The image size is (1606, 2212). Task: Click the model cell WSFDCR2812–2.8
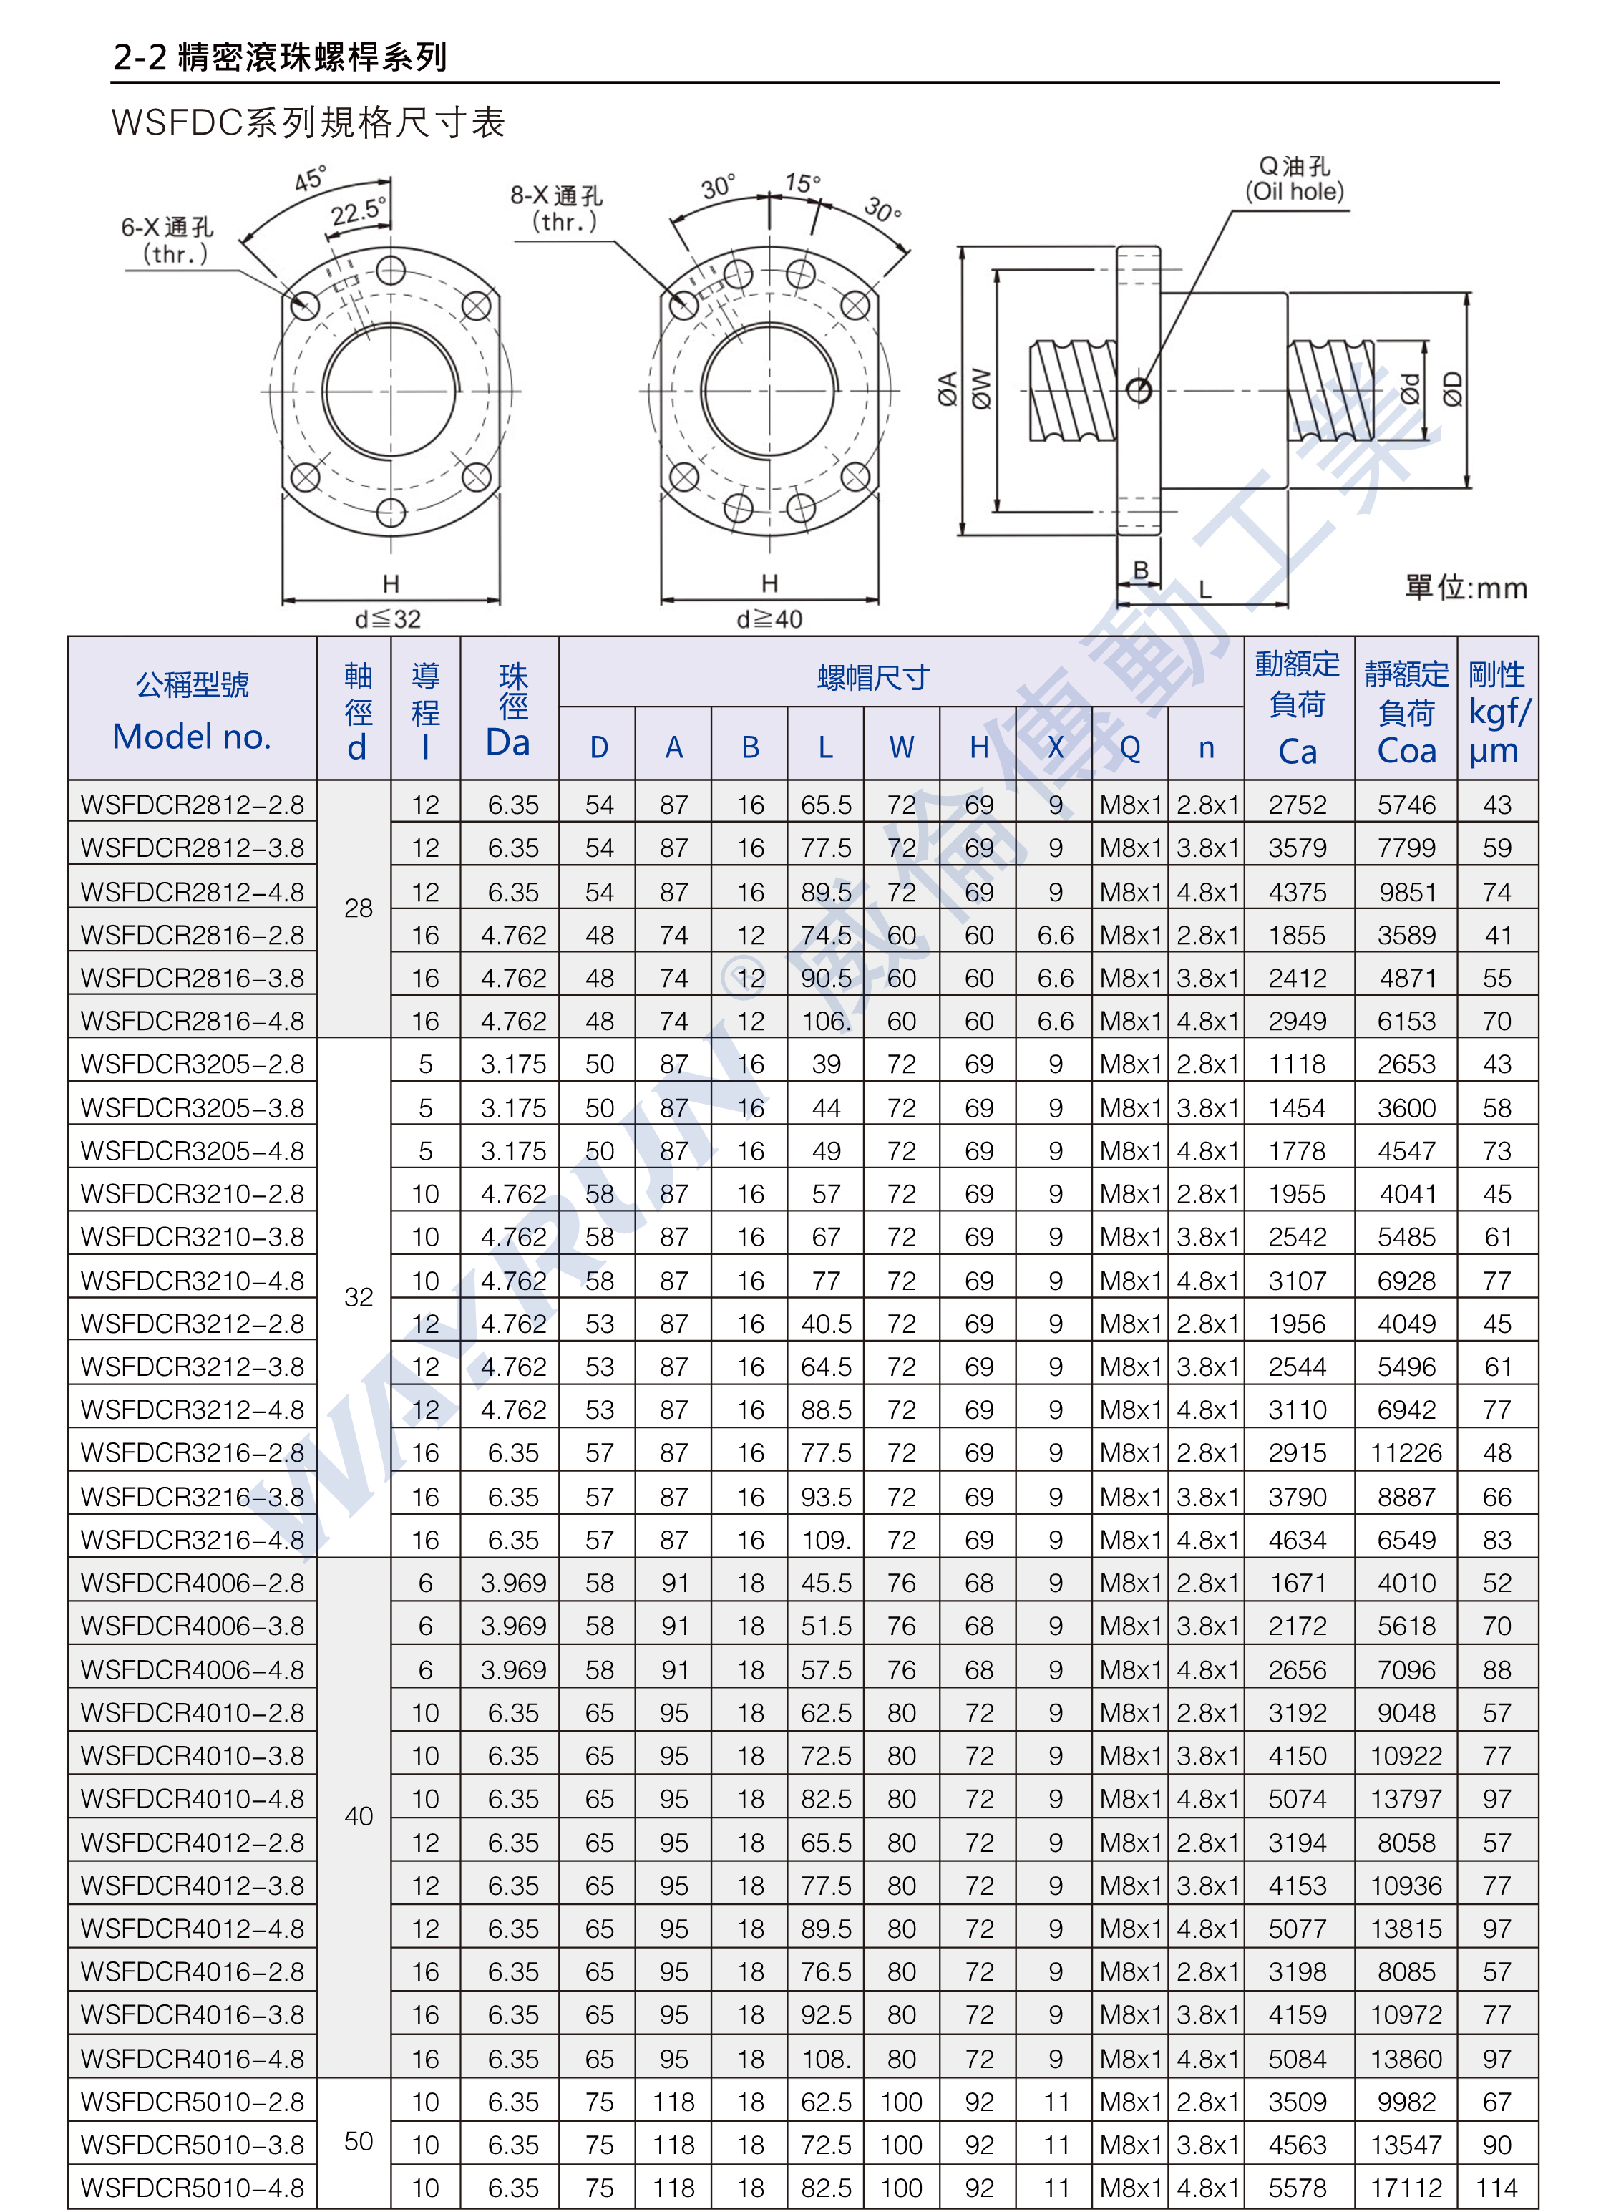[x=192, y=805]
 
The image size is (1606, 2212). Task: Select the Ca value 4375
[x=1297, y=891]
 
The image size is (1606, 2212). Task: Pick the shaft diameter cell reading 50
[x=358, y=2141]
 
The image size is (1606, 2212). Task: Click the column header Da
[x=508, y=743]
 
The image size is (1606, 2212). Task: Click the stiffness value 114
[x=1496, y=2188]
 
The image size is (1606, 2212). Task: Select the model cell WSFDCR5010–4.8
[x=192, y=2188]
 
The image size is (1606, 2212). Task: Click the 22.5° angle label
[x=358, y=210]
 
